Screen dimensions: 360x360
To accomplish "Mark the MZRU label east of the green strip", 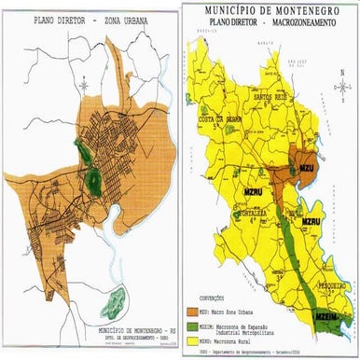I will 311,221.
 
